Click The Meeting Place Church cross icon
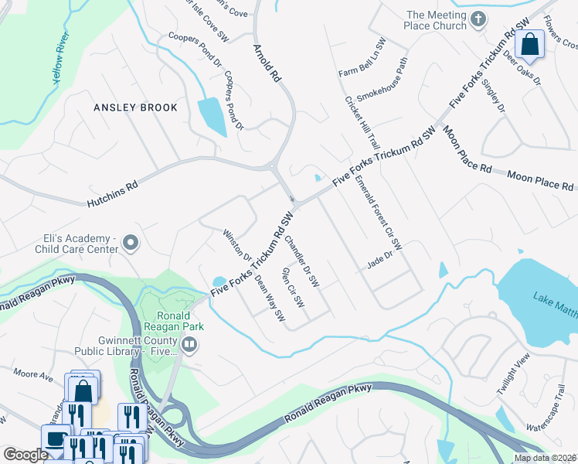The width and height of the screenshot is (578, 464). tap(478, 19)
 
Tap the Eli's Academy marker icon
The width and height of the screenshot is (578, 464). tap(131, 244)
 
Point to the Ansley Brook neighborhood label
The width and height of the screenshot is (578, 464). tap(135, 107)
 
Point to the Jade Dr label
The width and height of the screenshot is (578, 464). tap(379, 263)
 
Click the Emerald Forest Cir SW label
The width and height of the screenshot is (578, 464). tap(379, 213)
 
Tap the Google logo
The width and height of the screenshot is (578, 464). tap(25, 455)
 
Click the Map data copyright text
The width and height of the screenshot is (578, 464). tap(545, 458)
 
